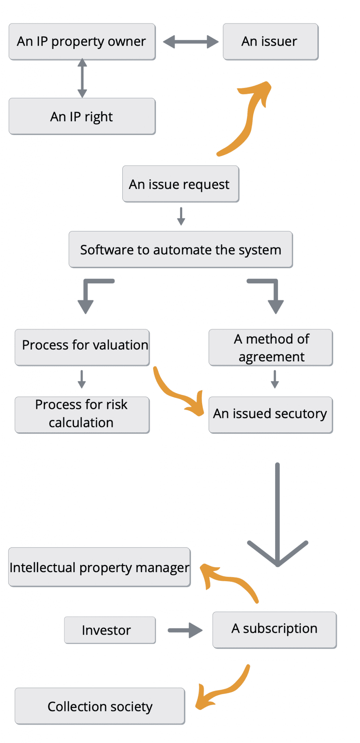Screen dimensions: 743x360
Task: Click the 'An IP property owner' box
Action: pos(82,42)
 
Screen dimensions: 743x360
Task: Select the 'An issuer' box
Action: pos(270,42)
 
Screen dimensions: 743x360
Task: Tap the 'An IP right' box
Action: pos(82,116)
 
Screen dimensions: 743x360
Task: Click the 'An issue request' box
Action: pos(180,184)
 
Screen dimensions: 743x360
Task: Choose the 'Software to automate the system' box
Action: pos(180,250)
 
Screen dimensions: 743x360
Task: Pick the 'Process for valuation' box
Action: pos(82,347)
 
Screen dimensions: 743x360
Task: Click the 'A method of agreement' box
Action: pos(270,347)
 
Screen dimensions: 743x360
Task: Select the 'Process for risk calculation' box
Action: pos(82,414)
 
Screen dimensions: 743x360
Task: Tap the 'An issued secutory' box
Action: pos(270,414)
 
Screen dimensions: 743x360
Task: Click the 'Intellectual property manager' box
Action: pos(99,567)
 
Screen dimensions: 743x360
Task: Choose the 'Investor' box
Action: pos(110,630)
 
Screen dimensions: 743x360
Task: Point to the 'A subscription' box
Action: pos(274,629)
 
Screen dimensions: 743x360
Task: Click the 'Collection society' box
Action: pos(100,706)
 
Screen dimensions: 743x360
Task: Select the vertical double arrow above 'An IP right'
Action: pos(82,78)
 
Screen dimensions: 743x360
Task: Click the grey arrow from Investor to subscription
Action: pos(185,630)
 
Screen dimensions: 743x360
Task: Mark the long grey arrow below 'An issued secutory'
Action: pos(277,515)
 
